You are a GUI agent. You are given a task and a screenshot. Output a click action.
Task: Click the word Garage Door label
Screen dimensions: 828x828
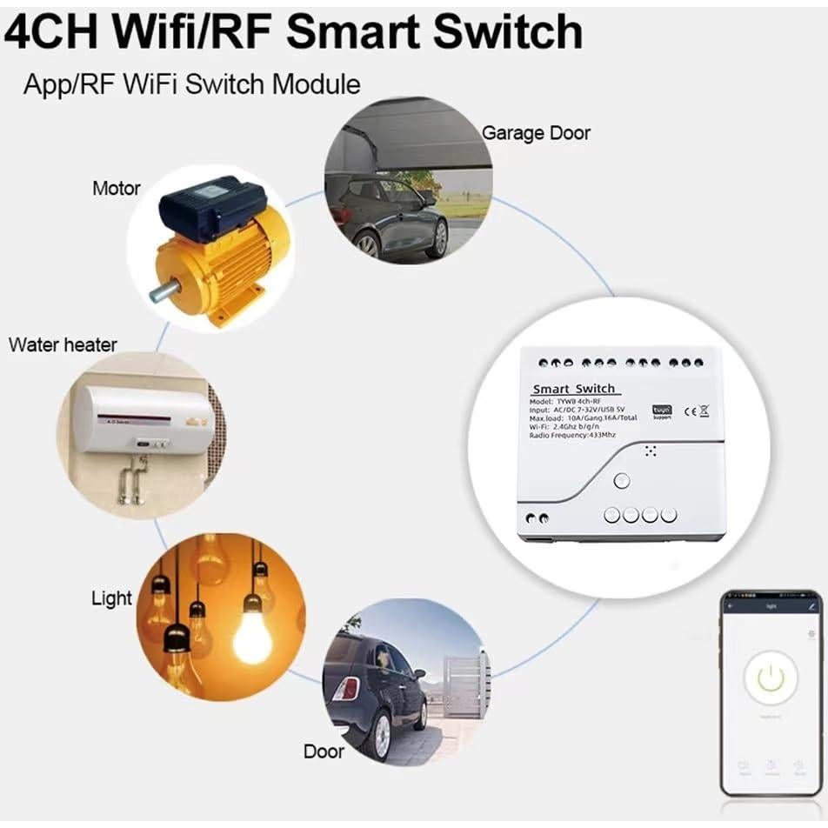(x=536, y=133)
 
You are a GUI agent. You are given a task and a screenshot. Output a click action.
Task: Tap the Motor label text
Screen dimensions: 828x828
(x=116, y=188)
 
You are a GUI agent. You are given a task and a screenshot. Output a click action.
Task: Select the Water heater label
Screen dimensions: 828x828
(x=63, y=344)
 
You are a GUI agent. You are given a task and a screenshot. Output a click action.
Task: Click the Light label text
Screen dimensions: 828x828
(x=111, y=598)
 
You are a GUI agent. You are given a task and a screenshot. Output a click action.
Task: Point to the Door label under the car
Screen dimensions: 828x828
(x=324, y=751)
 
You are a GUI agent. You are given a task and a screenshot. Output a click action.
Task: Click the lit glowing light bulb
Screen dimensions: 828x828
(x=252, y=637)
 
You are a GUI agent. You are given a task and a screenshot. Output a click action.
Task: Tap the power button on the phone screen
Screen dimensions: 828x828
(x=770, y=679)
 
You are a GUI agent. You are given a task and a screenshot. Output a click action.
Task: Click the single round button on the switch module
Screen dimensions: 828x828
(x=621, y=481)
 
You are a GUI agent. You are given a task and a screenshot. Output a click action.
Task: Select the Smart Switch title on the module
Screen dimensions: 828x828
(x=573, y=388)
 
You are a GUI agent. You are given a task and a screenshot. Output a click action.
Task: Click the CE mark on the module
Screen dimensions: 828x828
(x=690, y=411)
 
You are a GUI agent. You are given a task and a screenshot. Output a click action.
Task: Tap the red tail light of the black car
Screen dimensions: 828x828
(x=347, y=689)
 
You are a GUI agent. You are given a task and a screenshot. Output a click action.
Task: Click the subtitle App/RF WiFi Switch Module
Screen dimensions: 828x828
(x=191, y=84)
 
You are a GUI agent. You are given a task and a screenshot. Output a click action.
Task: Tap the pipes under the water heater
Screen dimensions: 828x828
(x=132, y=480)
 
